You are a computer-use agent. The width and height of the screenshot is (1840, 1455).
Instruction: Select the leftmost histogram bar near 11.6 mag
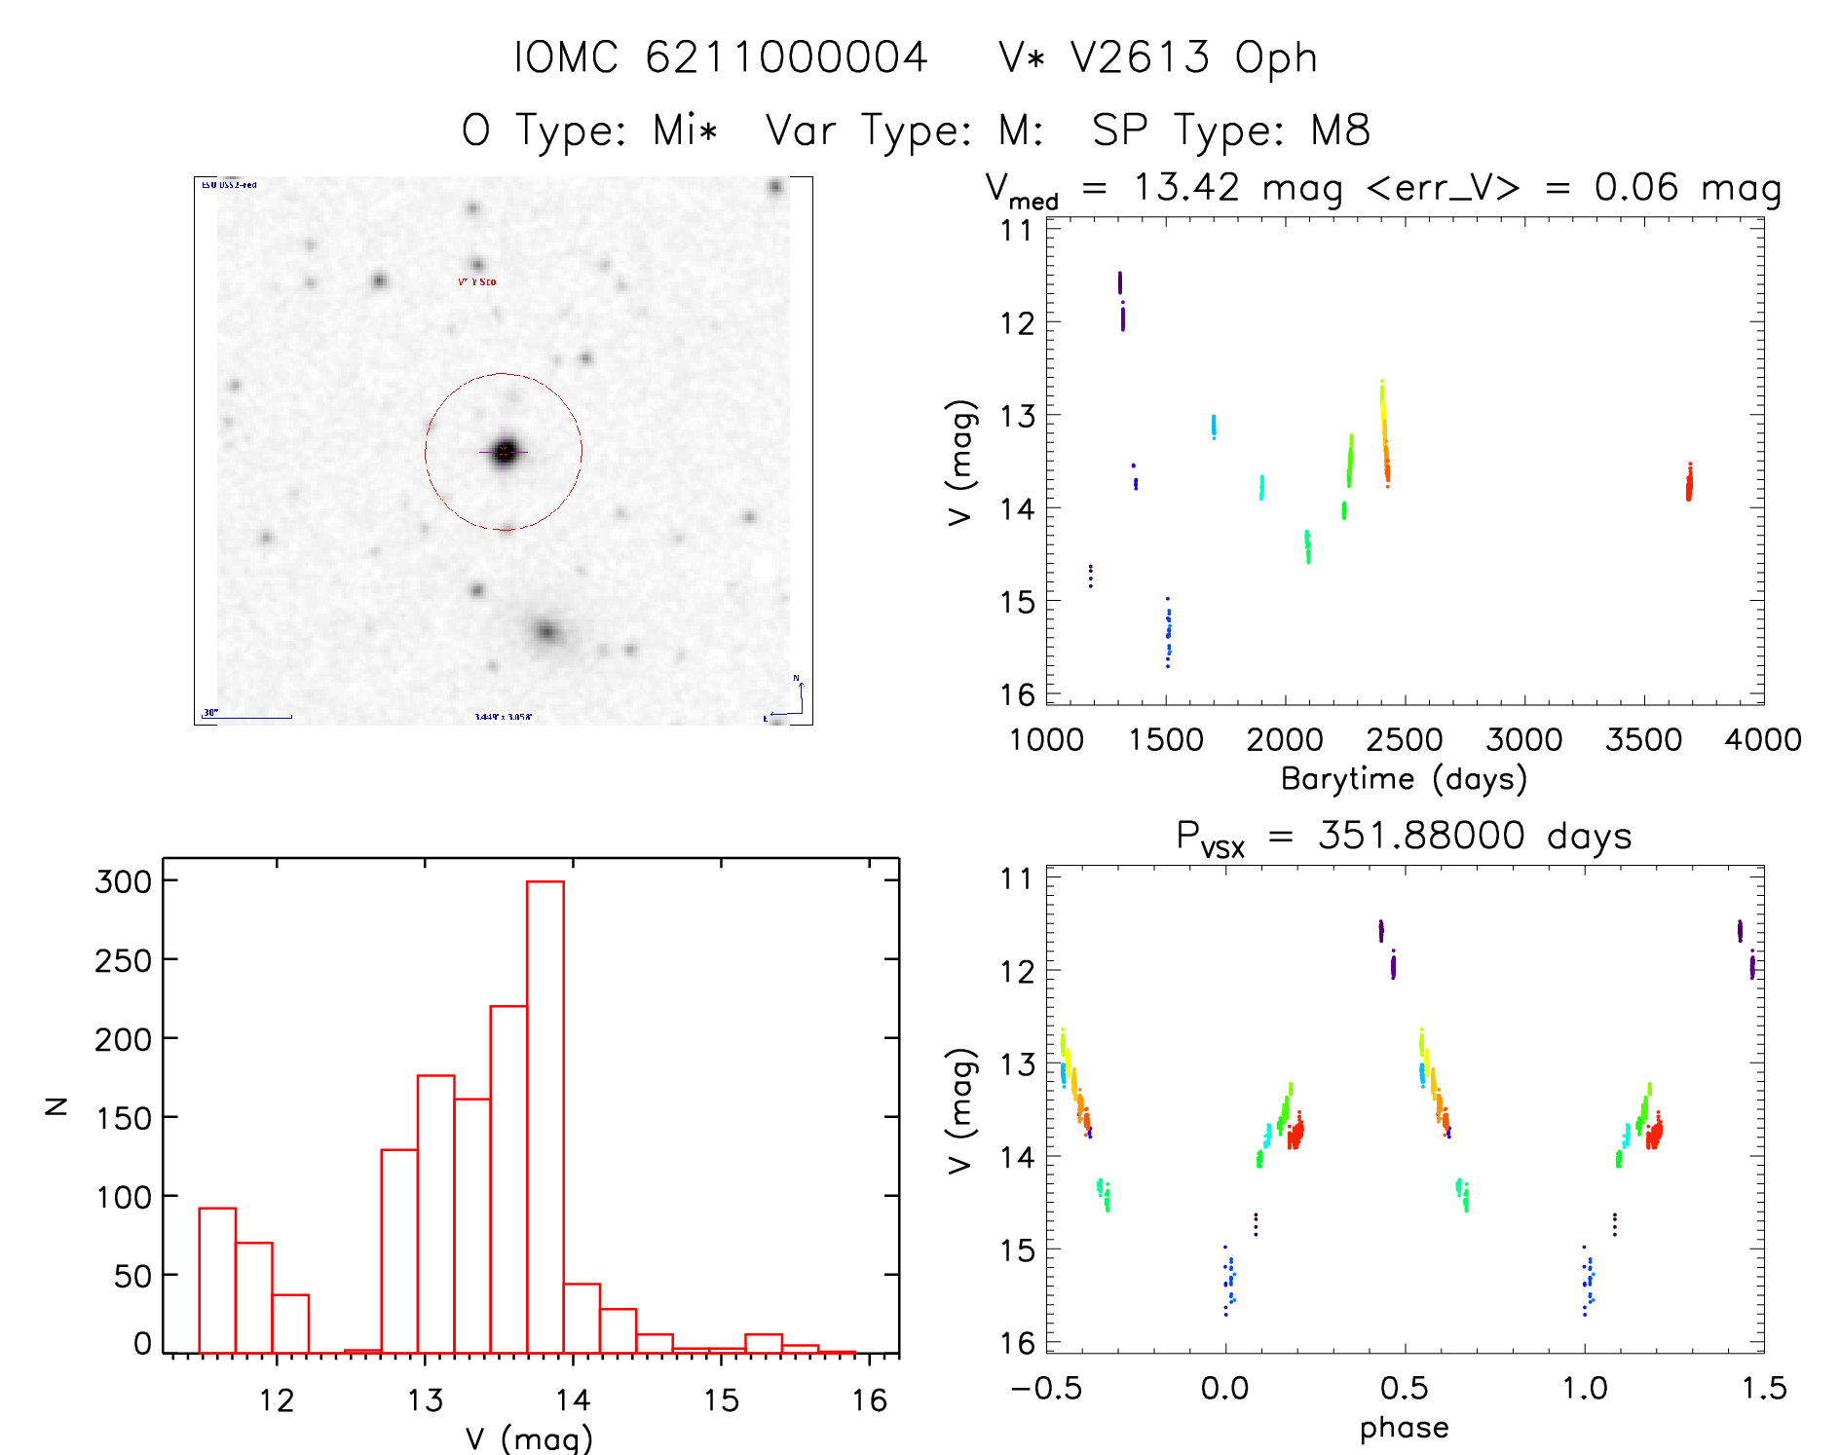(x=217, y=1280)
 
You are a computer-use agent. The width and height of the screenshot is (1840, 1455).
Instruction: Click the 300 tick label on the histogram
(x=124, y=881)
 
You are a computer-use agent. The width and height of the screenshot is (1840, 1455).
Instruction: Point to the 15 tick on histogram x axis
(x=721, y=1400)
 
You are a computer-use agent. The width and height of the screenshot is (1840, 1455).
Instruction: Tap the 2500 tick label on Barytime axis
(x=1405, y=740)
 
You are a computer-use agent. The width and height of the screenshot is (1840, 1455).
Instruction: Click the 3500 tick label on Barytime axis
(x=1643, y=740)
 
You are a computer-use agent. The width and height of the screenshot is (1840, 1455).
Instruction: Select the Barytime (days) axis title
(x=1404, y=779)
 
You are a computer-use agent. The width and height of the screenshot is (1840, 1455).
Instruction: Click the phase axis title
(x=1404, y=1428)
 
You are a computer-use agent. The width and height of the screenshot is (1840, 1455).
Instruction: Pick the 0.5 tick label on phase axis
(x=1404, y=1389)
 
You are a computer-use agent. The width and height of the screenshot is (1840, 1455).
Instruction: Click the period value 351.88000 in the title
(x=1421, y=836)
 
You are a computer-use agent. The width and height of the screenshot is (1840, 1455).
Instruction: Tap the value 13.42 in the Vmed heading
(x=1186, y=187)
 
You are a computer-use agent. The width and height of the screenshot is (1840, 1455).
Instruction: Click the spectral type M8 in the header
(x=1340, y=130)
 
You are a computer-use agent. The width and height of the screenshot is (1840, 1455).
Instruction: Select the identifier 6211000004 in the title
(x=786, y=57)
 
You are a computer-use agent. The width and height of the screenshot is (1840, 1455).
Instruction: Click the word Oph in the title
(x=1276, y=57)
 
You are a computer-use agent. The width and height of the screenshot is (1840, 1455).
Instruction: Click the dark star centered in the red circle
(x=505, y=452)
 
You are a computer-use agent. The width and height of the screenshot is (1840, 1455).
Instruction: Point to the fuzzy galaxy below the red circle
(x=547, y=632)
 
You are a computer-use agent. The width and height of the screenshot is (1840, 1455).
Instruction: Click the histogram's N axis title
(x=56, y=1105)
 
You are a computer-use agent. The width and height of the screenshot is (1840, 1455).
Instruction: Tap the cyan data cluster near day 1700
(x=1214, y=426)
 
